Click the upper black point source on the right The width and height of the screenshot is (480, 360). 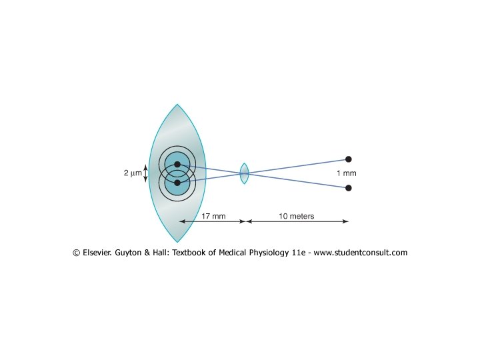[x=348, y=159]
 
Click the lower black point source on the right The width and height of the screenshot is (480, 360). [x=348, y=188]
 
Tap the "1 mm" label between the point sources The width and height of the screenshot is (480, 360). [x=346, y=173]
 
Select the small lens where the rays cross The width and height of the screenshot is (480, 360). [x=244, y=173]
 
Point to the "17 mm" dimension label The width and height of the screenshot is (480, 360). [x=213, y=217]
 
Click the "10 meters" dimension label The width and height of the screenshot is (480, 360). [x=297, y=217]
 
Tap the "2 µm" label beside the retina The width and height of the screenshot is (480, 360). [x=133, y=173]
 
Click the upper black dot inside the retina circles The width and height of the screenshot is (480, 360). [x=177, y=164]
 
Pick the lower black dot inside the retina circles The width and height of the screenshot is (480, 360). [x=177, y=182]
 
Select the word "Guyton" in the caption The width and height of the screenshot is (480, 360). [x=137, y=253]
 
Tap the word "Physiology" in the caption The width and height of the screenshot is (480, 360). [x=265, y=253]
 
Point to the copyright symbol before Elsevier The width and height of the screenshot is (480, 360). [x=77, y=253]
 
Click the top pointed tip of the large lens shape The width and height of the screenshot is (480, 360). [x=177, y=105]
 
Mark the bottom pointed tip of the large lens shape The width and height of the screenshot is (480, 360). [x=177, y=241]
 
